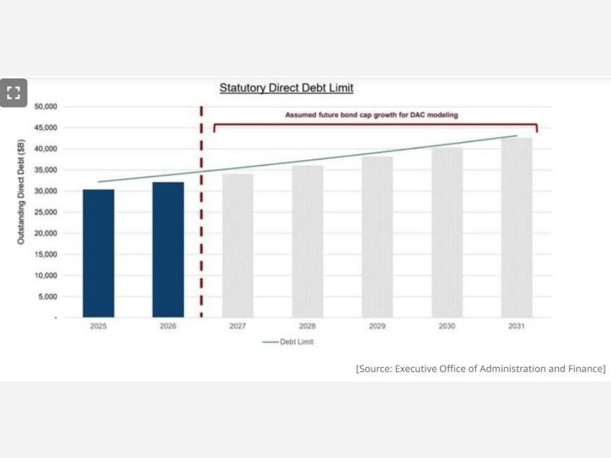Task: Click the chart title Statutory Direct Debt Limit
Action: point(286,88)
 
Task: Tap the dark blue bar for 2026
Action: point(168,249)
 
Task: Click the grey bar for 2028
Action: point(308,241)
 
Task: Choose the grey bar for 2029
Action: point(377,237)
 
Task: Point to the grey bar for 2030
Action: point(447,232)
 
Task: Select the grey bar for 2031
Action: point(517,227)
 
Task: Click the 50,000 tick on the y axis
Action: point(46,106)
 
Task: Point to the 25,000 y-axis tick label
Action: point(46,212)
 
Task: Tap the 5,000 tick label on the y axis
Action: point(47,297)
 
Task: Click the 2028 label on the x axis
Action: point(308,327)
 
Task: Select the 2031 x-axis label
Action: point(517,327)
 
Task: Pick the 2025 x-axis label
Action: point(98,327)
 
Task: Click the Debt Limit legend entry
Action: point(289,342)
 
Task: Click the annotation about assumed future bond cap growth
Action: point(371,115)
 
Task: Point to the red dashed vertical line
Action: point(202,214)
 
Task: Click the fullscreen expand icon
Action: point(13,93)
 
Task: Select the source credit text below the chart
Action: point(481,369)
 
